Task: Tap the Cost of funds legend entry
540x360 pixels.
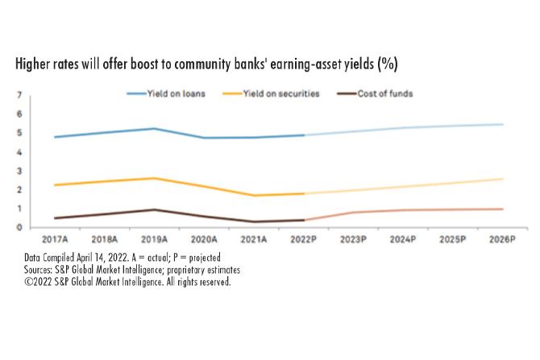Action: click(x=384, y=94)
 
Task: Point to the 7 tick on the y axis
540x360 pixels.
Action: click(x=19, y=96)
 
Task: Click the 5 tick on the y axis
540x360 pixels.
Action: click(x=19, y=133)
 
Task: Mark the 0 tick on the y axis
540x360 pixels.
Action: click(x=19, y=227)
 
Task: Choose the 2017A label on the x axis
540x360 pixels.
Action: click(x=55, y=239)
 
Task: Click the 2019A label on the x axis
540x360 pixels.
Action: click(x=154, y=239)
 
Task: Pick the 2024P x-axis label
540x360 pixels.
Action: click(x=403, y=239)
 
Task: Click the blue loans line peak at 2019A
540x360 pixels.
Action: click(x=154, y=128)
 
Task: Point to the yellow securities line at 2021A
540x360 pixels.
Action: click(x=254, y=195)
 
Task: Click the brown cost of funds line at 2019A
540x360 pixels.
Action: click(x=154, y=209)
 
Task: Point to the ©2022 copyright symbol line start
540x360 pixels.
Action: click(x=29, y=282)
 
